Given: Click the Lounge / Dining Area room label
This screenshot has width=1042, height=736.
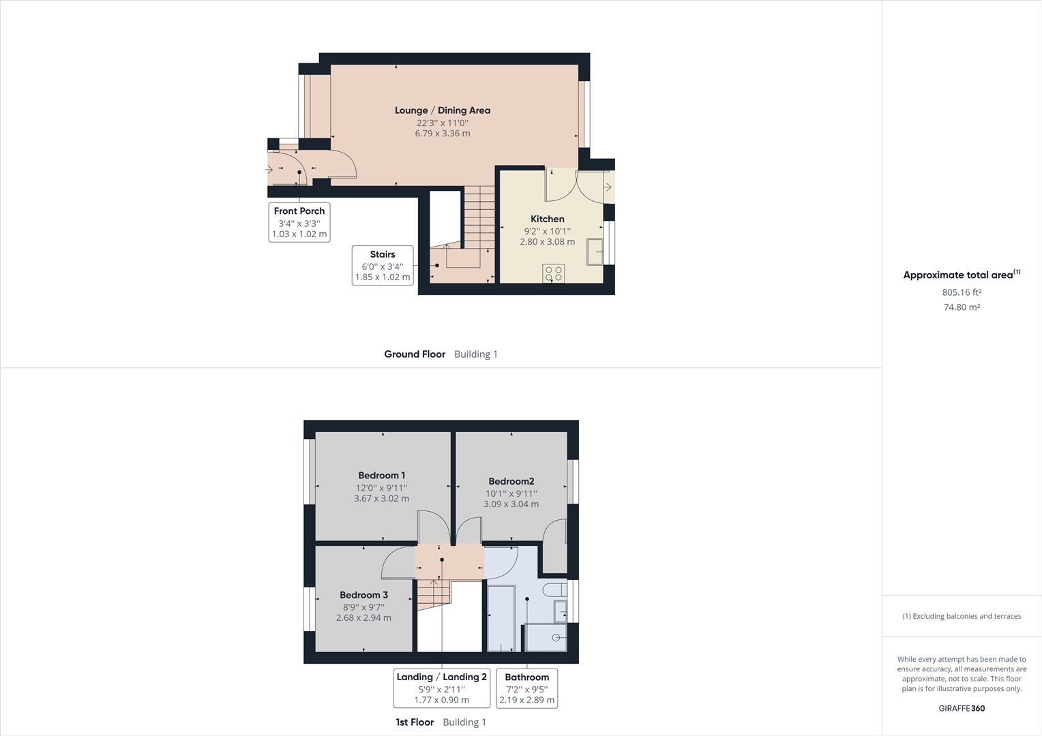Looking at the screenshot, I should coord(442,110).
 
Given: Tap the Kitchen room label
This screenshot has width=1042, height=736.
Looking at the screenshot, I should coord(547,219).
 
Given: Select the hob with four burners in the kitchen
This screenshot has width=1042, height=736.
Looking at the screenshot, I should coord(554,274).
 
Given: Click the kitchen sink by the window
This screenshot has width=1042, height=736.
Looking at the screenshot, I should coord(595,251).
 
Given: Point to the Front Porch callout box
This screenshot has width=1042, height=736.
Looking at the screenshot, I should coord(299,222).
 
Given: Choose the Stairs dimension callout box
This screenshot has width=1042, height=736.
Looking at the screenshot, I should coord(383,265).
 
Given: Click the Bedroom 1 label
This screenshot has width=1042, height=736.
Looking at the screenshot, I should coord(381,476).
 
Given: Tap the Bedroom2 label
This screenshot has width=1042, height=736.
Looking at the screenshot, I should coord(511,481).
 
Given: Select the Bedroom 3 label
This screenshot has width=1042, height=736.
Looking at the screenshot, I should coord(363,595).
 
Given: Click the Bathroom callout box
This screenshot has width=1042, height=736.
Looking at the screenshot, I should coord(526,688).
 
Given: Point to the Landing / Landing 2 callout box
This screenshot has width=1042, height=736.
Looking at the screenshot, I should coord(441,688).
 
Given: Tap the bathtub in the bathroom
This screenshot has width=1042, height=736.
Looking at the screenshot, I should coord(501,617).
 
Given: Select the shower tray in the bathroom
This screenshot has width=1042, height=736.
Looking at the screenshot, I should coord(546,638).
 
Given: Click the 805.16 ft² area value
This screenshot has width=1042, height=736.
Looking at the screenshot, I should coord(962,292).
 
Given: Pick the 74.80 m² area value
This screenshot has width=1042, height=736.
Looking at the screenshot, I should coord(962,307).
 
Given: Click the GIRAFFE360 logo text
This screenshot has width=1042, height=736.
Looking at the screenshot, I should coord(962,708).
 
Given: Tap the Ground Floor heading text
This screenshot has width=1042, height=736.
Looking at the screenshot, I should coord(415,354).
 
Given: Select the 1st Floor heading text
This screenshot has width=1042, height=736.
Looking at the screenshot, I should coord(415,722).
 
